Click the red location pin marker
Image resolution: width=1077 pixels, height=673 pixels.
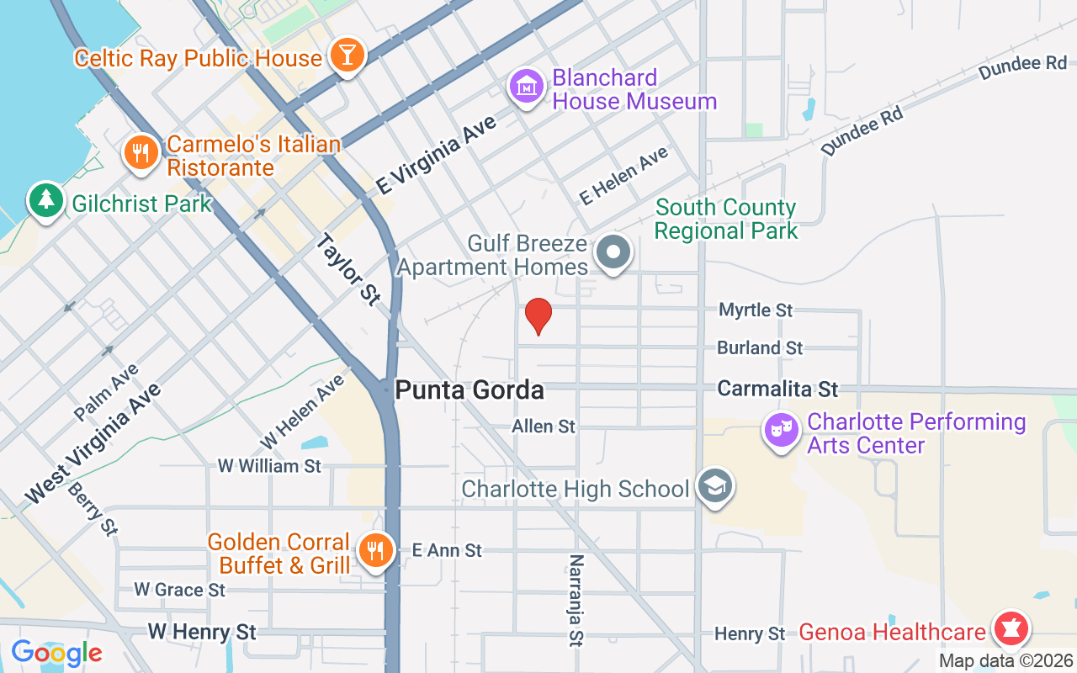(x=538, y=316)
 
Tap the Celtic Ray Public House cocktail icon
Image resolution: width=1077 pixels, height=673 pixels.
(x=346, y=56)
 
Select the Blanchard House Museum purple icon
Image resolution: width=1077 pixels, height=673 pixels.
(x=527, y=86)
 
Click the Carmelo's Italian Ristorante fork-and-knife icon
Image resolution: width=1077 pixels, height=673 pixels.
(x=141, y=153)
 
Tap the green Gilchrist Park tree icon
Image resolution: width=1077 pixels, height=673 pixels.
(x=46, y=200)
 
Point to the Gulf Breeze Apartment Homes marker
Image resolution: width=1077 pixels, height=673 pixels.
(x=614, y=252)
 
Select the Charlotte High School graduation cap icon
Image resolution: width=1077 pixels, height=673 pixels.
(x=715, y=486)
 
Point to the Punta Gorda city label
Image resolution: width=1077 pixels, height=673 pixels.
(x=470, y=390)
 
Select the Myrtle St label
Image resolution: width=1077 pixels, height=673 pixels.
(x=756, y=310)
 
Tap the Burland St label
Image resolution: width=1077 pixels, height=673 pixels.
(x=760, y=347)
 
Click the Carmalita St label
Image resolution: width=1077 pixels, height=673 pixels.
(x=777, y=389)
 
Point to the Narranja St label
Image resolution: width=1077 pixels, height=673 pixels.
(x=576, y=600)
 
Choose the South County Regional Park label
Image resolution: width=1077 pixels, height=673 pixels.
(x=725, y=219)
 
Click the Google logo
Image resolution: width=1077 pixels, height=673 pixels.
(x=56, y=653)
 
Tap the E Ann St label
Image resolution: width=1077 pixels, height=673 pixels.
(x=447, y=551)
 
